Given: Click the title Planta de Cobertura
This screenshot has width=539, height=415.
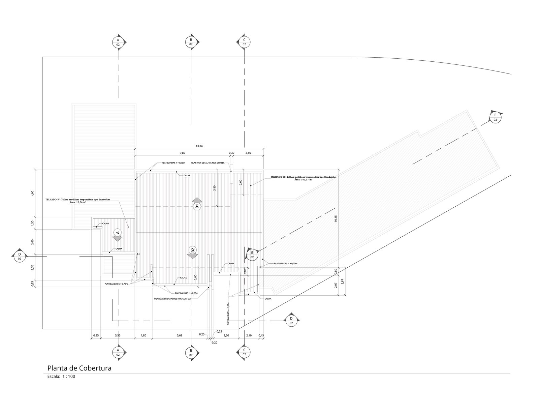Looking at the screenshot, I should pos(80,368).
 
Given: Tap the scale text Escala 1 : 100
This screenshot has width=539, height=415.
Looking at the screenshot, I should pos(61,376).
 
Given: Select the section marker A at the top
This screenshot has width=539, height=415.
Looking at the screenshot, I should pos(118,42).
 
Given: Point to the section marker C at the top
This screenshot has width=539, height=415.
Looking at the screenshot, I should pos(244,42).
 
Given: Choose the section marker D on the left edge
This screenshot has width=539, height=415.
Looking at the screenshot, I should pos(20,256).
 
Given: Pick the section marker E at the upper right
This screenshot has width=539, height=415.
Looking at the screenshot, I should pos(495,117).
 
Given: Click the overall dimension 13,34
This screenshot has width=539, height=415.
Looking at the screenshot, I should pos(199,146).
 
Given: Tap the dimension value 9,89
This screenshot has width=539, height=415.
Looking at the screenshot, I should pos(182,153).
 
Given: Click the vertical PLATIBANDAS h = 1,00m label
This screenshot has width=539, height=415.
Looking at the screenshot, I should pos(228,313).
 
